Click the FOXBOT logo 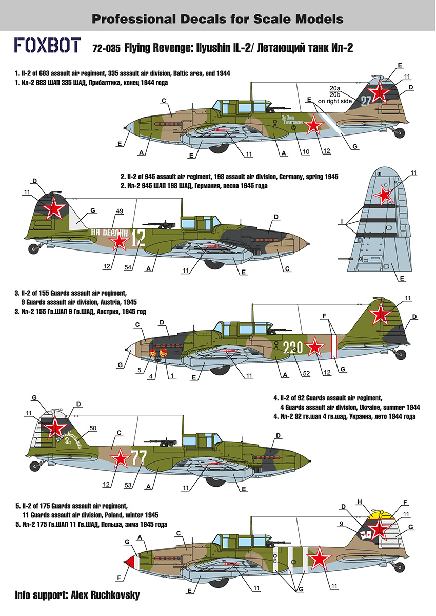pyautogui.click(x=47, y=46)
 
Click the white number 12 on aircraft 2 pyautogui.click(x=139, y=237)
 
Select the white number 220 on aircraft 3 pyautogui.click(x=293, y=348)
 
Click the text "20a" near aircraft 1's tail pyautogui.click(x=337, y=88)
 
